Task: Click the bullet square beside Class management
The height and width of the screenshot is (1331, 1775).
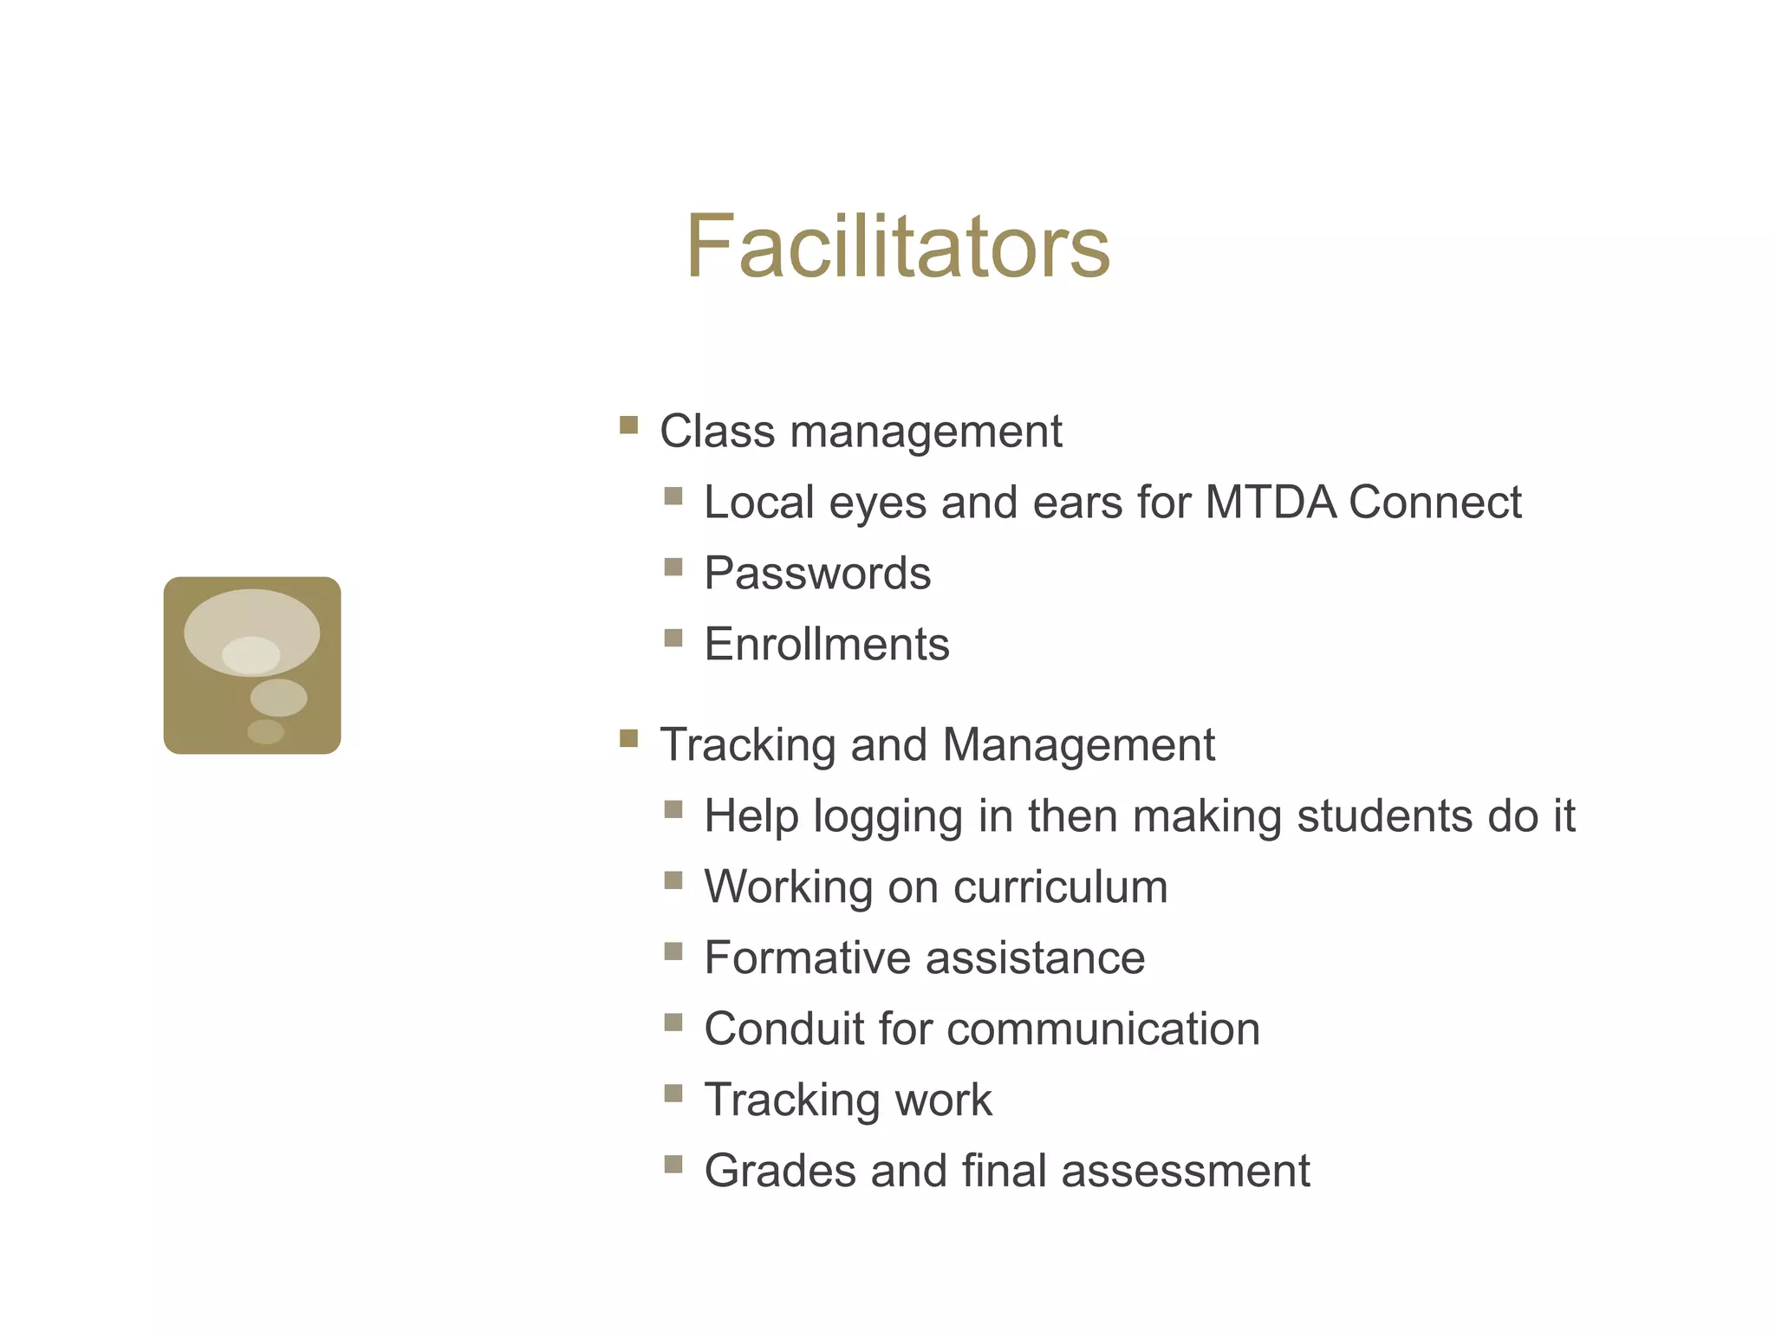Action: [629, 425]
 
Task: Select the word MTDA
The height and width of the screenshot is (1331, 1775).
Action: [1271, 502]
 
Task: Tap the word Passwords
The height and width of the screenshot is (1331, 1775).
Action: [817, 574]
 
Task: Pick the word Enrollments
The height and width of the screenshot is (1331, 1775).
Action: [827, 645]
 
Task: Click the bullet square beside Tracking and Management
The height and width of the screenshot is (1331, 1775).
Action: [629, 738]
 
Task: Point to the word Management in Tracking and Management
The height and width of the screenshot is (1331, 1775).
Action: [1078, 745]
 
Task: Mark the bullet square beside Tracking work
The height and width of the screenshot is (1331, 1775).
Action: [673, 1093]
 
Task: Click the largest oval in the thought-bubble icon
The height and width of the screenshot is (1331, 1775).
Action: [251, 620]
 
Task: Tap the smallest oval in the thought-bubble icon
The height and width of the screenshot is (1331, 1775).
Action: [265, 731]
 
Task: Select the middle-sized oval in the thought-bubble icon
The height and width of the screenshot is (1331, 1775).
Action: [278, 698]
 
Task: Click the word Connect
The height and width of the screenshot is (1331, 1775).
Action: [1435, 502]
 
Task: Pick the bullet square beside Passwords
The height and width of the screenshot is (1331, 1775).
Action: [673, 567]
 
